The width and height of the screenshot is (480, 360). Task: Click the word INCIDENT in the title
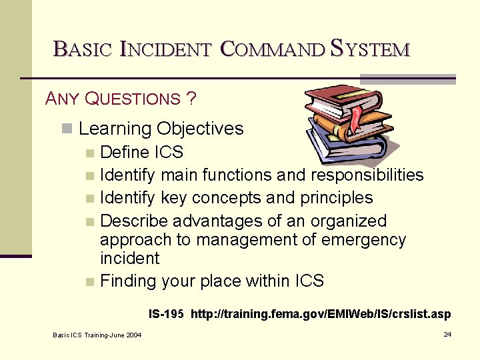click(165, 49)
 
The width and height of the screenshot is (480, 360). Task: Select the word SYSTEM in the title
click(370, 49)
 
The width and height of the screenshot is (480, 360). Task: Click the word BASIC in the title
click(83, 49)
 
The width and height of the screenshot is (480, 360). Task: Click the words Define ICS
click(141, 153)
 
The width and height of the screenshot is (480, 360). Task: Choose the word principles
click(337, 198)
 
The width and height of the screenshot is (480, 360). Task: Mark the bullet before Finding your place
click(90, 282)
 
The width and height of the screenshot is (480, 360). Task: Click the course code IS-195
click(166, 313)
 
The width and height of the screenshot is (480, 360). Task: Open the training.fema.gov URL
click(321, 313)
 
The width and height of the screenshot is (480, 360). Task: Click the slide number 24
click(447, 334)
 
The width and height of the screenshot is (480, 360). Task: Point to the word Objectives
click(200, 129)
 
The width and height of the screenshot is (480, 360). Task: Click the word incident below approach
click(129, 258)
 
